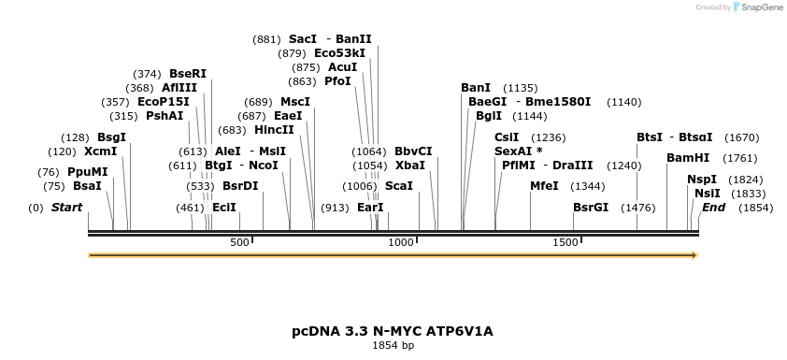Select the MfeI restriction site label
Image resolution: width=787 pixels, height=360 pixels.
click(544, 185)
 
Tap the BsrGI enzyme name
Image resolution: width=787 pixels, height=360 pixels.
click(591, 207)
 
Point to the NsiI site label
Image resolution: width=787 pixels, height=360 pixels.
click(708, 193)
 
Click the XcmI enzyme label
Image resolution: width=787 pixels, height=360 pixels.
click(100, 151)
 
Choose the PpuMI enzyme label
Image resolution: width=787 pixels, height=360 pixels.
click(87, 171)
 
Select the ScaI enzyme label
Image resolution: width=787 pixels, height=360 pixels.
click(399, 185)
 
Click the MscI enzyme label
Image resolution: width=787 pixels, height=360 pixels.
click(295, 101)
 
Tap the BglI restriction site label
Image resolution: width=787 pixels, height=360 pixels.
click(489, 116)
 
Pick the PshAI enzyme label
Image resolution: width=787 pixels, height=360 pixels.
click(165, 116)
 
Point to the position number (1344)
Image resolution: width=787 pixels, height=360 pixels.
click(588, 185)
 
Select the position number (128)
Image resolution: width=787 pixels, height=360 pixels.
click(75, 137)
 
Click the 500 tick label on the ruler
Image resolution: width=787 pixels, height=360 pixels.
click(240, 242)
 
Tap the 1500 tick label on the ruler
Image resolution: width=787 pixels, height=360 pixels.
click(565, 242)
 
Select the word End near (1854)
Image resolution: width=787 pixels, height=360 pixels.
click(713, 207)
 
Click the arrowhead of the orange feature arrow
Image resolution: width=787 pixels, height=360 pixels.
click(694, 254)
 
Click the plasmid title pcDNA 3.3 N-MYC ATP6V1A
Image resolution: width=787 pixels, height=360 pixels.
click(393, 331)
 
